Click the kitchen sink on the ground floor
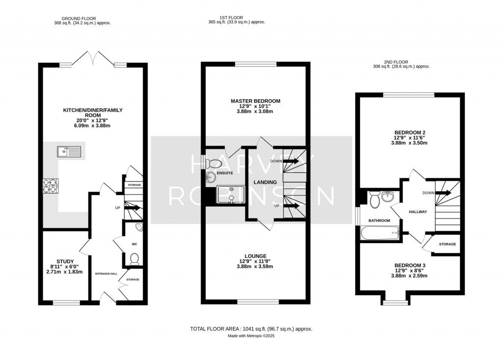69,152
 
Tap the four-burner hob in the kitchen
51,186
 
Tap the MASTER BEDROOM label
255,101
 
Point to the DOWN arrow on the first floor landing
290,161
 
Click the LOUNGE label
255,256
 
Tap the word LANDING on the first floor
265,182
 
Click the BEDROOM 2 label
409,133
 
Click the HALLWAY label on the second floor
418,212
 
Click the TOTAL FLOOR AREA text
251,329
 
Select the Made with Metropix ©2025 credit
251,336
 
